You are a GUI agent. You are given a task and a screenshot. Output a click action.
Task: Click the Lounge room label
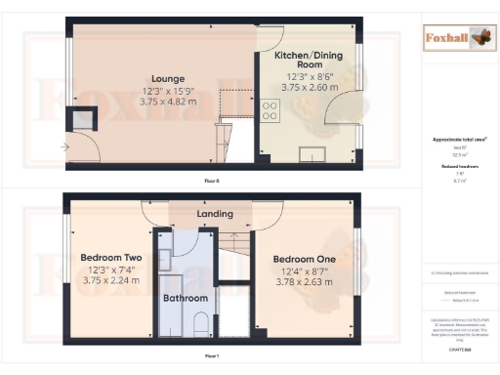tap(160, 78)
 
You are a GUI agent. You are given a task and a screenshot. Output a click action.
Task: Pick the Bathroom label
tap(185, 298)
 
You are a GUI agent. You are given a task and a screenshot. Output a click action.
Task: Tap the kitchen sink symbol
tap(314, 152)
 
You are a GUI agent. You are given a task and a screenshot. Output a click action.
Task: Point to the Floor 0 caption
tap(212, 182)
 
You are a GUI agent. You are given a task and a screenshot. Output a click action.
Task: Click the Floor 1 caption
tap(212, 357)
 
